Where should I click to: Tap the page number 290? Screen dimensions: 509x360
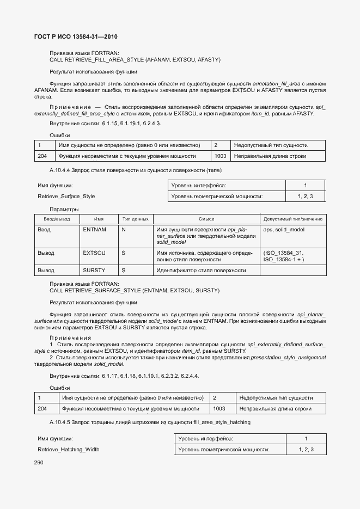[x=38, y=462]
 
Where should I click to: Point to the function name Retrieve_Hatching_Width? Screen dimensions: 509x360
[x=69, y=449]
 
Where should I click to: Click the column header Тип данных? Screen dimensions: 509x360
[x=135, y=219]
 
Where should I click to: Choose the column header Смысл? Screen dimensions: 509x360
[x=206, y=219]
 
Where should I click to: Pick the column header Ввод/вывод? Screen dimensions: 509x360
[x=57, y=219]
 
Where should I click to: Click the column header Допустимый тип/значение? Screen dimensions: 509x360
[x=292, y=219]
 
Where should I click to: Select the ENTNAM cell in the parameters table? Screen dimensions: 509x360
[x=94, y=230]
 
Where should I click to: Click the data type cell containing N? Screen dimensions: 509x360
[x=124, y=230]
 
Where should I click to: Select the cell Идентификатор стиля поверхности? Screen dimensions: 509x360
[x=201, y=270]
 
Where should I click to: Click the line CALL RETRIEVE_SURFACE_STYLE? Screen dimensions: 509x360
[x=134, y=291]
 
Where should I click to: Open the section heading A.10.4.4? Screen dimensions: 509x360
[x=127, y=170]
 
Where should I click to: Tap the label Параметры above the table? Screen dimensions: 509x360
[x=64, y=209]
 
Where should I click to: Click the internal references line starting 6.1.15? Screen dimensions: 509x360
[x=105, y=124]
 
